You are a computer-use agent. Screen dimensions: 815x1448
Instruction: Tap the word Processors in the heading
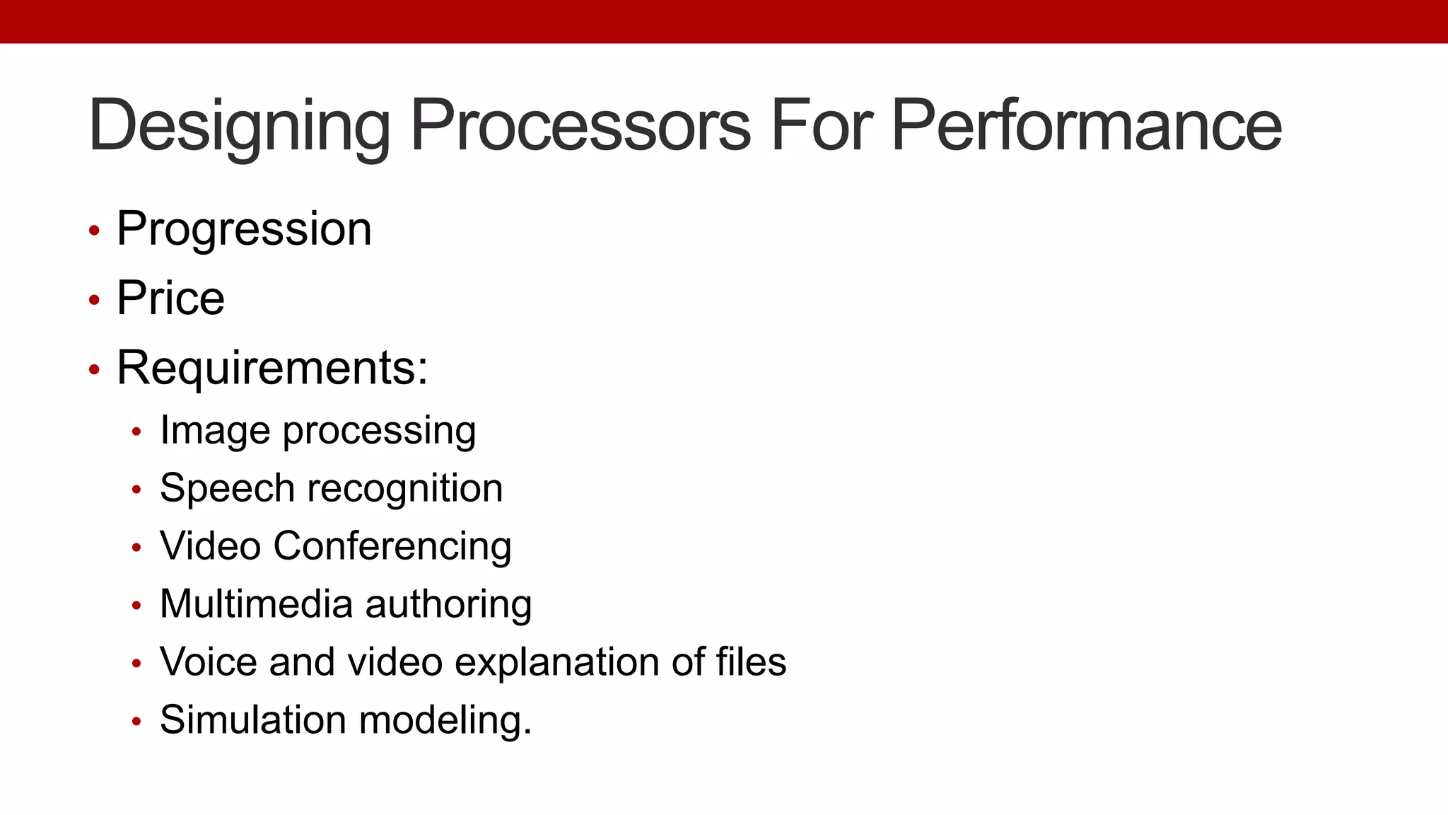tap(580, 126)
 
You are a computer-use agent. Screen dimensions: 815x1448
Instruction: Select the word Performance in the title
tap(1086, 126)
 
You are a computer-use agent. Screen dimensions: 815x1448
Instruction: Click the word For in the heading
tap(822, 126)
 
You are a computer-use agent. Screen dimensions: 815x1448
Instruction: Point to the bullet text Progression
tap(244, 229)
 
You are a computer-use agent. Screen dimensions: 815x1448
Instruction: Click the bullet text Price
tap(170, 298)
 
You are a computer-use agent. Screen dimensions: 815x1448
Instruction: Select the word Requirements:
tap(272, 368)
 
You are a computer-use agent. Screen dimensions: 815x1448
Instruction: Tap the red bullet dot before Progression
tap(94, 231)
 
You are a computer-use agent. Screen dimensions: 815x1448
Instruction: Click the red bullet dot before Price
tap(94, 300)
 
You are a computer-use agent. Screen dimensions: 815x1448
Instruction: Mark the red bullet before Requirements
tap(94, 369)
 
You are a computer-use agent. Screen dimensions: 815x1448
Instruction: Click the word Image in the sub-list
tap(215, 430)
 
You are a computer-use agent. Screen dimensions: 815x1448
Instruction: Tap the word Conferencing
tap(392, 546)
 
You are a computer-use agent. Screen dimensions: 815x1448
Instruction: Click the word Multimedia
tap(256, 604)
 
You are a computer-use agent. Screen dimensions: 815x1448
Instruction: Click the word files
tap(751, 662)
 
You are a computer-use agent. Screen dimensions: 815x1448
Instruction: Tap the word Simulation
tap(253, 720)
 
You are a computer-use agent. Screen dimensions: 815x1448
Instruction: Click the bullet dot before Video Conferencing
tap(136, 548)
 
